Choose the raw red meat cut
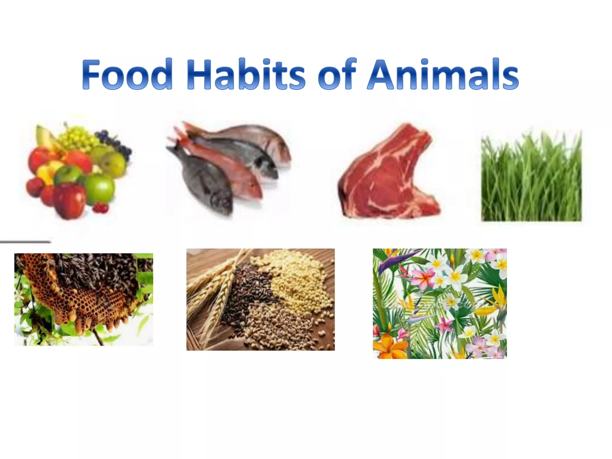388,176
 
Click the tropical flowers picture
440,303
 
